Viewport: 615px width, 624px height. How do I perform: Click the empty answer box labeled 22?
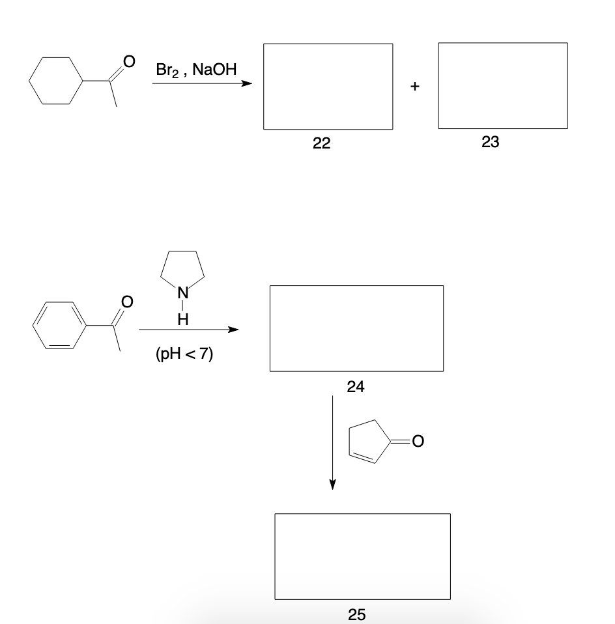coord(328,87)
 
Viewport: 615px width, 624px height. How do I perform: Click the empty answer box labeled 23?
coord(502,86)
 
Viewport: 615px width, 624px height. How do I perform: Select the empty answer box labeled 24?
coord(356,328)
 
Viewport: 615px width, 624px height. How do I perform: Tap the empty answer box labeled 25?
coord(362,556)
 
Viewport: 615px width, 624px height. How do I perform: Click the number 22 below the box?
coord(321,145)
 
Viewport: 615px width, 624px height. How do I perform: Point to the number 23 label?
coord(491,143)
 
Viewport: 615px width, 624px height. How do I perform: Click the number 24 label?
coord(356,387)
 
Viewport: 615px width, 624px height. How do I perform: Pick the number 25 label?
coord(357,614)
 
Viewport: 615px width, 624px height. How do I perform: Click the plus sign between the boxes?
coord(415,86)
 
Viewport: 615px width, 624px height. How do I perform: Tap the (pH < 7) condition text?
coord(184,355)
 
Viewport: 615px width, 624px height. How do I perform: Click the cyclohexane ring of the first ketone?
coord(57,81)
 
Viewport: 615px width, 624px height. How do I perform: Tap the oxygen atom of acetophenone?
coord(128,301)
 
